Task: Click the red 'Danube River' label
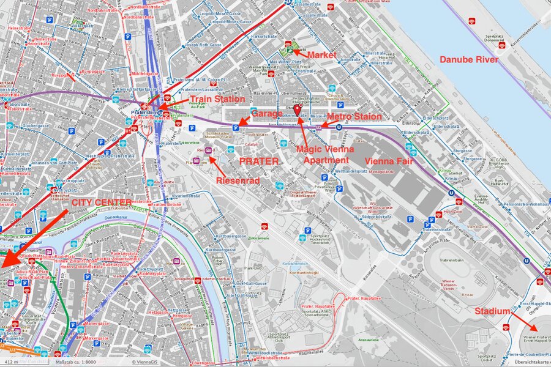[x=468, y=59]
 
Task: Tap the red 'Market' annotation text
[x=323, y=55]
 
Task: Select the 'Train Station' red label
[x=217, y=98]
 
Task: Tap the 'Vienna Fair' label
[x=389, y=160]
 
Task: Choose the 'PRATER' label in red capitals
[x=259, y=161]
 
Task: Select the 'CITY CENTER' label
[x=101, y=202]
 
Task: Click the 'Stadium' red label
[x=492, y=311]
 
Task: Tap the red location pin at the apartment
[x=298, y=109]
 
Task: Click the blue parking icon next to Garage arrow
[x=236, y=128]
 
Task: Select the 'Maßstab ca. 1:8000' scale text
[x=75, y=362]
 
